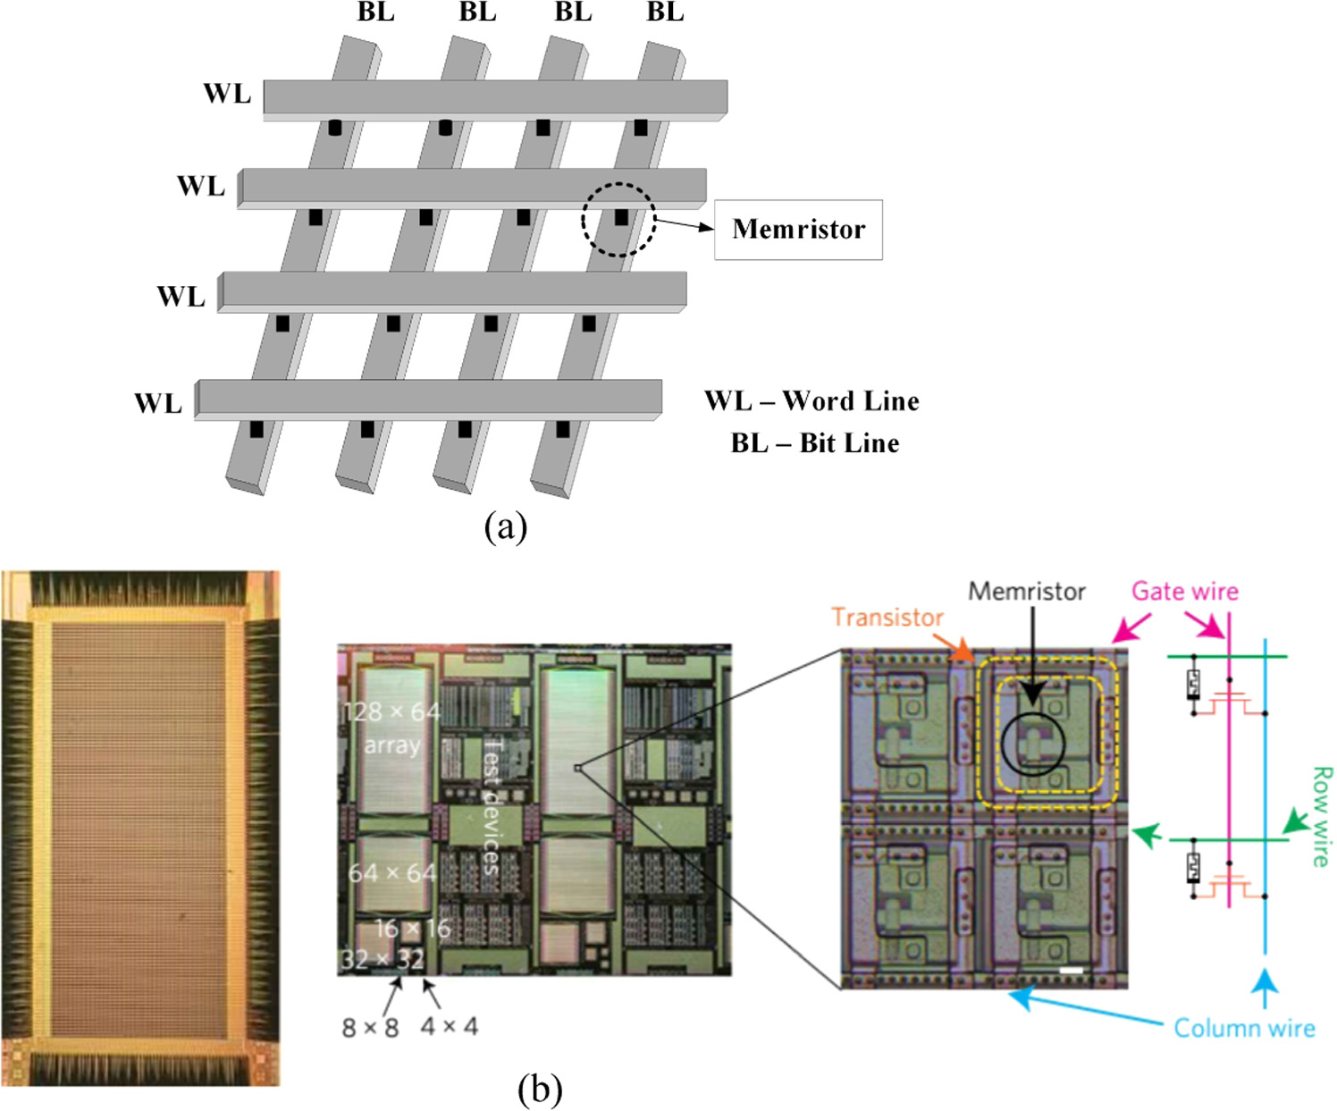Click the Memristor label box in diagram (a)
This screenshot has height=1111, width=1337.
[x=798, y=230]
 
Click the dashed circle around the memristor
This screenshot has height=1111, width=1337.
[x=618, y=219]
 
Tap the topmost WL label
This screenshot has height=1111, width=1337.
[x=227, y=94]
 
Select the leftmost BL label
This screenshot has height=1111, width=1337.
[x=375, y=13]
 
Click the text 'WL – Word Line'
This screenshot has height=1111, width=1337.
[x=811, y=400]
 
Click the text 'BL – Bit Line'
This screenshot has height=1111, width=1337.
[x=814, y=443]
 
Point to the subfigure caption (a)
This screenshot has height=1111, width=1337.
[x=505, y=526]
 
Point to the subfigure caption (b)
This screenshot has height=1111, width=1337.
[x=540, y=1089]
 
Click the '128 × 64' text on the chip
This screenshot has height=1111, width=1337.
[x=391, y=712]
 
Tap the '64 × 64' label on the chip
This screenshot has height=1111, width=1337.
[x=391, y=872]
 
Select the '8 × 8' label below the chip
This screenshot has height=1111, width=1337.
[x=370, y=1027]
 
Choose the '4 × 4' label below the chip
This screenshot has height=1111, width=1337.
[x=449, y=1026]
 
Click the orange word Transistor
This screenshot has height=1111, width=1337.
[x=887, y=618]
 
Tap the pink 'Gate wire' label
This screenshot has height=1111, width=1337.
[x=1184, y=592]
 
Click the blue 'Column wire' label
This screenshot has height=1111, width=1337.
[x=1243, y=1028]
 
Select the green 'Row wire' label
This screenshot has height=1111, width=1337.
[x=1321, y=816]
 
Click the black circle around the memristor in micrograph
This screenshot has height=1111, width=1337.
[x=1032, y=744]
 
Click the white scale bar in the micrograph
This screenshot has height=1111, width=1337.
[x=1071, y=970]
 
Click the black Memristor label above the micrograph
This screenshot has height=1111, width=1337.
[x=1026, y=592]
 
